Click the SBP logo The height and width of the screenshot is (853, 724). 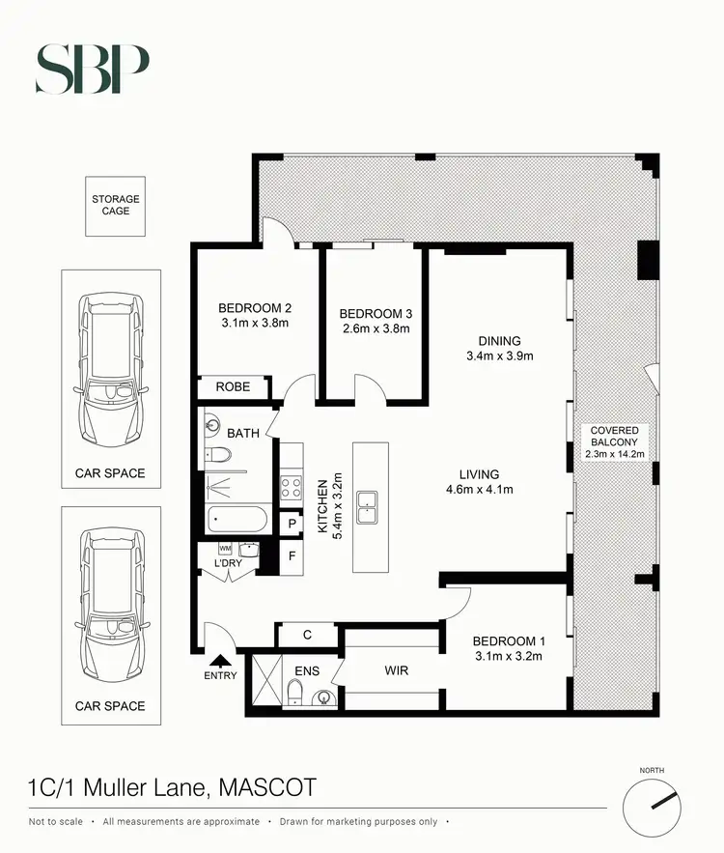coord(94,64)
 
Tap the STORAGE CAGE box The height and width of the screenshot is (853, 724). coord(116,206)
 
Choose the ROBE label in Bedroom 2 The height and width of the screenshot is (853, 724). coord(233,386)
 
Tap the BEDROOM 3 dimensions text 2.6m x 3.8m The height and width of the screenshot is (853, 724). coord(376,328)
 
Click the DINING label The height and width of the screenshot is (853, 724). coord(499,341)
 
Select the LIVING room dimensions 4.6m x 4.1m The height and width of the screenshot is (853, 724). coord(480,489)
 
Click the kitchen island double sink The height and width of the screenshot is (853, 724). coord(368,506)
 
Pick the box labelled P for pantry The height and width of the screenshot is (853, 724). coord(292,524)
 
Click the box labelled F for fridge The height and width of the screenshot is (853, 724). coord(292,555)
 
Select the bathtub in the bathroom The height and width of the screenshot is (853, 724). coord(237,520)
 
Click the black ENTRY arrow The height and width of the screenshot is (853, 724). coord(221,661)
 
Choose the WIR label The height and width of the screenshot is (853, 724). coord(396,669)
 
